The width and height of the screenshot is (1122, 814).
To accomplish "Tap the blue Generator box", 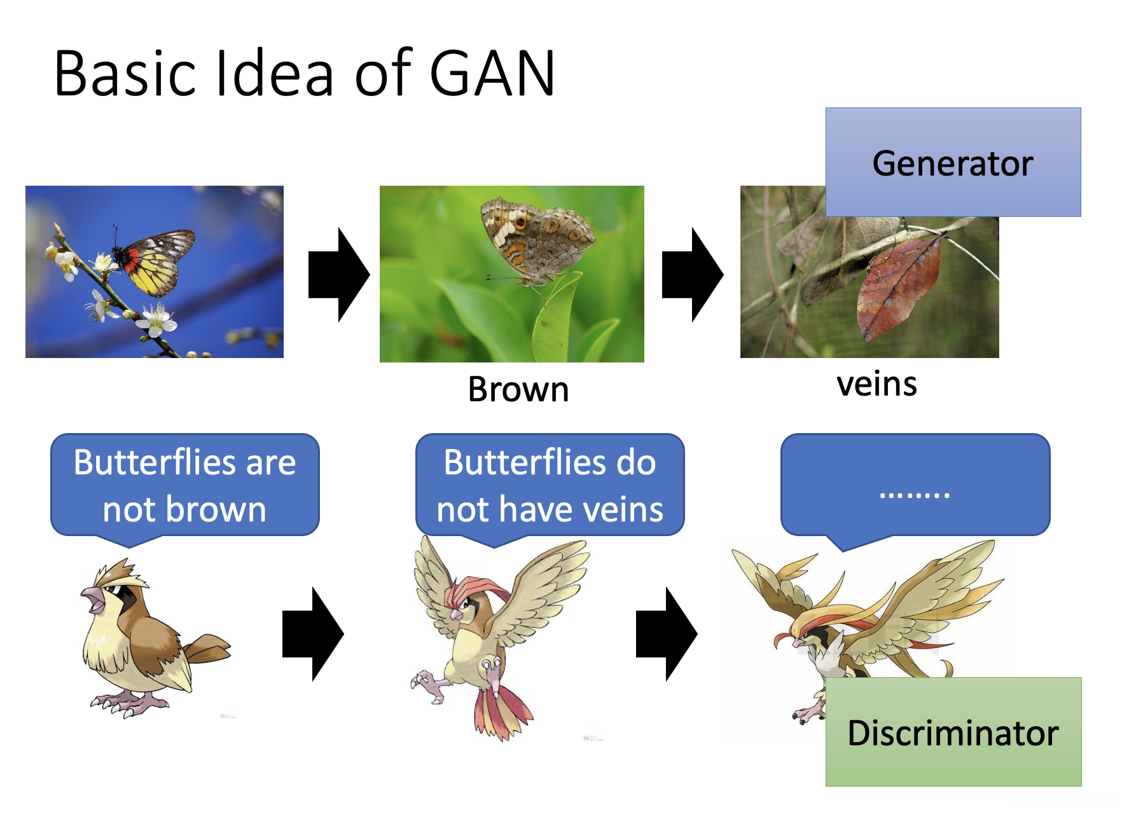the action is point(953,162).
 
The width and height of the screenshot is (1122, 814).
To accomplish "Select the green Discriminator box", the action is point(953,732).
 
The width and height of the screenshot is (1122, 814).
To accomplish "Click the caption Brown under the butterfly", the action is point(518,389).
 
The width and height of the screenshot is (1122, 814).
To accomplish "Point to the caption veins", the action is point(876,385).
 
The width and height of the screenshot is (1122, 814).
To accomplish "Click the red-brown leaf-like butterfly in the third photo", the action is point(899,288).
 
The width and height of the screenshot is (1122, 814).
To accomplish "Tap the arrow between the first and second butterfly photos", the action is point(339,274).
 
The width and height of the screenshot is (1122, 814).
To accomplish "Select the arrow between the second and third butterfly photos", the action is point(693,274).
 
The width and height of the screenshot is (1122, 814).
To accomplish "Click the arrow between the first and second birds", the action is point(313,633).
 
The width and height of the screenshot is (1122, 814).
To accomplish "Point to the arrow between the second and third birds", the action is point(667,633).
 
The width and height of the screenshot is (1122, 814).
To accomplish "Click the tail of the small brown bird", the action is point(208,649).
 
